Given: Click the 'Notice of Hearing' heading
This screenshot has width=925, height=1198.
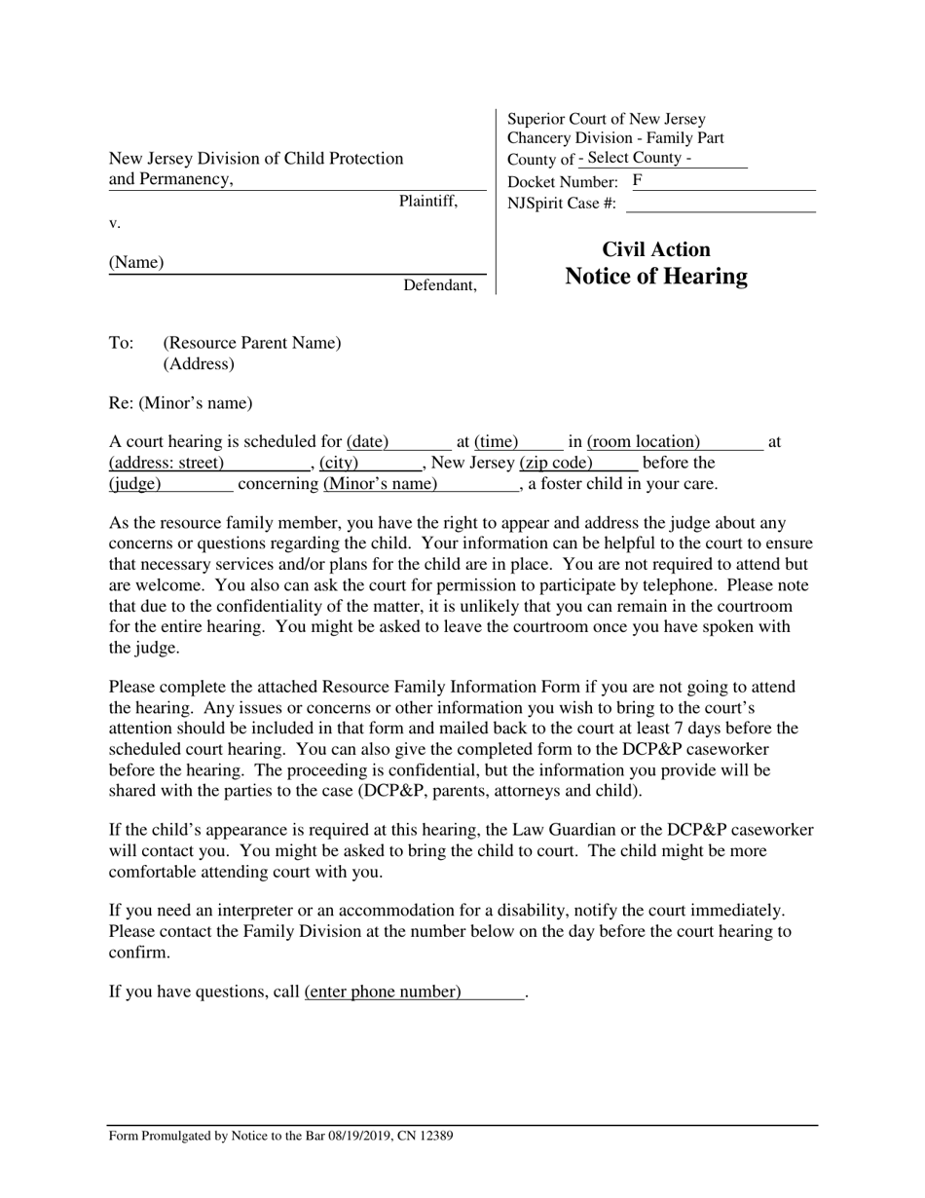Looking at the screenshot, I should [x=656, y=277].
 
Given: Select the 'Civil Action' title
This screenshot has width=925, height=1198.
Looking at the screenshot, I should [x=656, y=249].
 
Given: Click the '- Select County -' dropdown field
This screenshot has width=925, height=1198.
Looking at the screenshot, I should [x=662, y=158].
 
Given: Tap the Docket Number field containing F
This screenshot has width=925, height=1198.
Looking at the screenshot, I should [x=721, y=181].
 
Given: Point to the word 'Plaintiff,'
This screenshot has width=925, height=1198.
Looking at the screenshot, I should [x=428, y=202].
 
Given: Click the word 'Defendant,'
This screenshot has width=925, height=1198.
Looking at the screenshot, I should [x=440, y=285].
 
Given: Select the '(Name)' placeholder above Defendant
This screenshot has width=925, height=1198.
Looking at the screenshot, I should [x=136, y=263].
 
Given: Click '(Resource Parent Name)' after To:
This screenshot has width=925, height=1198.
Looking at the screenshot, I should [x=252, y=343].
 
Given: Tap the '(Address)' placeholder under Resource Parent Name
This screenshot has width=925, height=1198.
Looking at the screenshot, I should [x=199, y=364].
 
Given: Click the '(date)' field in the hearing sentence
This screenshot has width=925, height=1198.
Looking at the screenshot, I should [x=368, y=442].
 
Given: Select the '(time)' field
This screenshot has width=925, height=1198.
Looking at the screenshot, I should [x=497, y=442].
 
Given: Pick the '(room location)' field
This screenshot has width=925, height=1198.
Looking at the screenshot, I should [x=644, y=442].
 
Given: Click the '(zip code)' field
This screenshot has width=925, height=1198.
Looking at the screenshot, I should [x=557, y=463].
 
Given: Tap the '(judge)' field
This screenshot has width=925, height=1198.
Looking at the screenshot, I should [x=135, y=483].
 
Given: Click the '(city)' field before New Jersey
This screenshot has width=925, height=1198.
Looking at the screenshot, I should [x=340, y=463].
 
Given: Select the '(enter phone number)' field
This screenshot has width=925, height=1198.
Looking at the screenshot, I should [x=383, y=992].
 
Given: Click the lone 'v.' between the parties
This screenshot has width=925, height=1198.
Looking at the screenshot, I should [x=115, y=223].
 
